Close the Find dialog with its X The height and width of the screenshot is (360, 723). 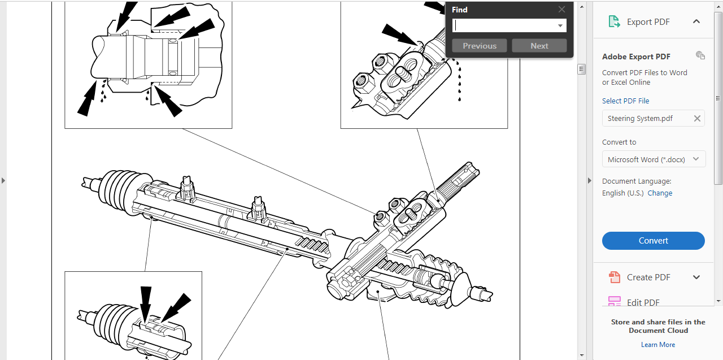tap(561, 10)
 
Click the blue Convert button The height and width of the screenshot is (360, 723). tap(653, 241)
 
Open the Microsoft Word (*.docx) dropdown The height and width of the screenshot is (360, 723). tap(654, 159)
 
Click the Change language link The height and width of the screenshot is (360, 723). tap(660, 193)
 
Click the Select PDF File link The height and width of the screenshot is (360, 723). tap(625, 101)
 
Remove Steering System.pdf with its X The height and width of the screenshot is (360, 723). tap(697, 119)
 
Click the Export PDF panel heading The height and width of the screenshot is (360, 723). tap(648, 22)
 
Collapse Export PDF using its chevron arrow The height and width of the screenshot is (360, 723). tap(696, 21)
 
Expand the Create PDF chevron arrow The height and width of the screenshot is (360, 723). tap(696, 277)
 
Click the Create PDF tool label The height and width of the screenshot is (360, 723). tap(648, 277)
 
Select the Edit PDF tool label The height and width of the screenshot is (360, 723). tap(643, 302)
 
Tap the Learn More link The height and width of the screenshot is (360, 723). tap(658, 345)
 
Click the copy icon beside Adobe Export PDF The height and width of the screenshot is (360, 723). tap(700, 55)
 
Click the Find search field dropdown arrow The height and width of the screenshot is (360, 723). tap(560, 26)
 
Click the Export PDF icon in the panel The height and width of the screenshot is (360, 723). tap(614, 22)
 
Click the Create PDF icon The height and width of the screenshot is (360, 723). tap(614, 277)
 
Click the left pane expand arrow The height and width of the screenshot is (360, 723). tap(3, 180)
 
